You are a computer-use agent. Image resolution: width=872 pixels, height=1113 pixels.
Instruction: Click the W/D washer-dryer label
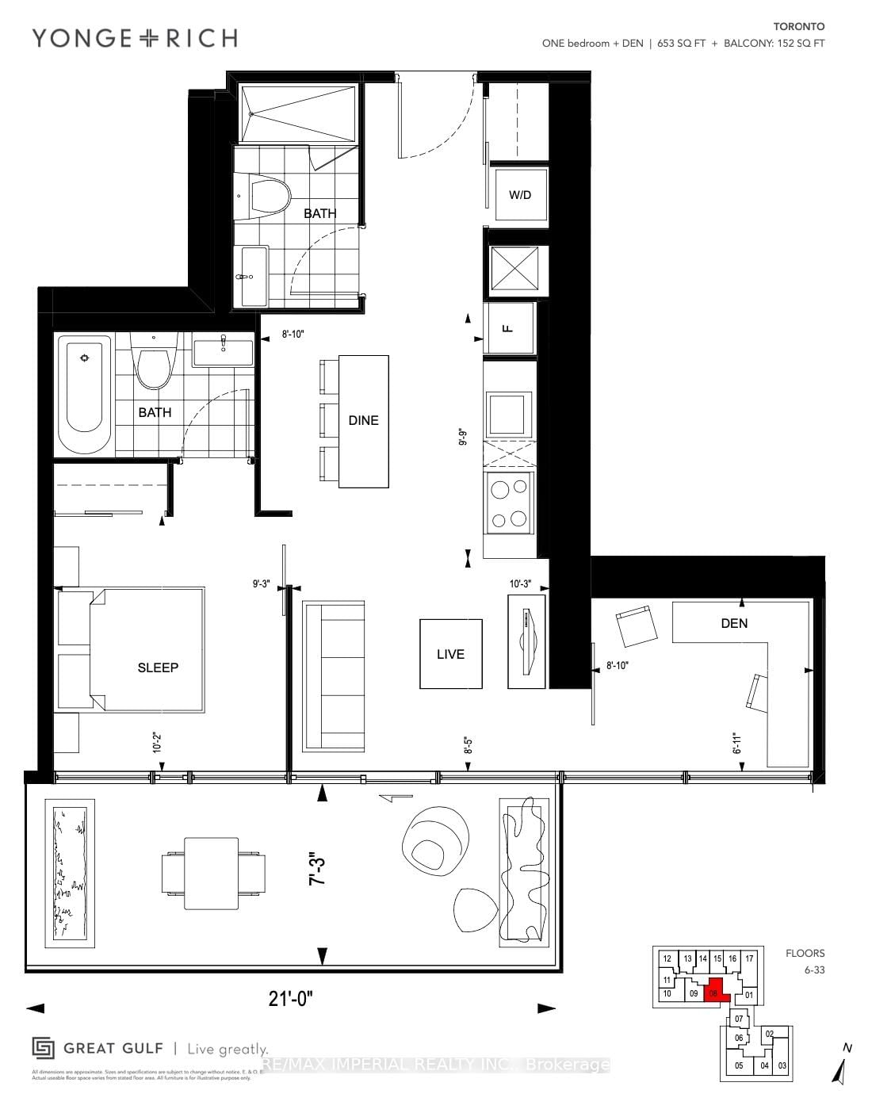(520, 195)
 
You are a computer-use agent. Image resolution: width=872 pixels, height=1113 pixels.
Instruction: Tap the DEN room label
(734, 623)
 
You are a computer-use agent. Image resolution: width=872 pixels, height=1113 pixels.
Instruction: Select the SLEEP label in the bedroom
(158, 667)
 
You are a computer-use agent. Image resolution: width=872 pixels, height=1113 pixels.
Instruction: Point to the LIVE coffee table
(450, 654)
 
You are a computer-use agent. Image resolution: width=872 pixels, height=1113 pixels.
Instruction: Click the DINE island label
(363, 420)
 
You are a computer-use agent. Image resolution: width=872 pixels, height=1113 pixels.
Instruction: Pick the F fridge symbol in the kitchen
(509, 327)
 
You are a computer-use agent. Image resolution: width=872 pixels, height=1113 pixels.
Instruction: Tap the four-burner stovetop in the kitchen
(509, 503)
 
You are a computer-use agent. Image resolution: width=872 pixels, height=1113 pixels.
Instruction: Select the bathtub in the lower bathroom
(87, 396)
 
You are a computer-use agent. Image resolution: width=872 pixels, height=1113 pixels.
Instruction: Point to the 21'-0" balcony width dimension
(290, 1000)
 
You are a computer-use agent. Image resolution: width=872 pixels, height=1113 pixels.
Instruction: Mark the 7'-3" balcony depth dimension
(317, 869)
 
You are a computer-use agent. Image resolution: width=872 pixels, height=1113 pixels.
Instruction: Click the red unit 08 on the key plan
(715, 993)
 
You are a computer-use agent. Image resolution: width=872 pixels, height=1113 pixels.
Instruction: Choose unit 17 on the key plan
(749, 958)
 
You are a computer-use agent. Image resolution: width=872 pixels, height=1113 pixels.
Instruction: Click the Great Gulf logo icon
(43, 1048)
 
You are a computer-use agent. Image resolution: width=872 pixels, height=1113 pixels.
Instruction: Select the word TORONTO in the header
(801, 26)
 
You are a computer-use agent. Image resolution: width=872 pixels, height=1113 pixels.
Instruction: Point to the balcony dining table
(211, 873)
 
